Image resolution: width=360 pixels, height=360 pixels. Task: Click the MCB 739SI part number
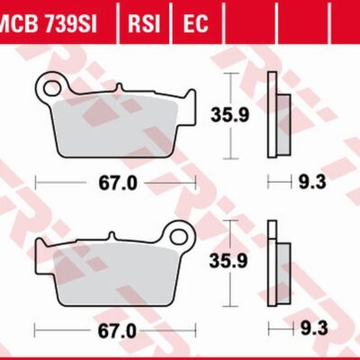tap(47, 23)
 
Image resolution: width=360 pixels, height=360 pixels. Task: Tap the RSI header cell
tap(144, 23)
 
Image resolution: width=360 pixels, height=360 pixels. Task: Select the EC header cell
tap(195, 23)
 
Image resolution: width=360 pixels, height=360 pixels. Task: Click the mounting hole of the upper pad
tap(53, 87)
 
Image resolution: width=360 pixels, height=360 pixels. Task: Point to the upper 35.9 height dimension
tap(229, 115)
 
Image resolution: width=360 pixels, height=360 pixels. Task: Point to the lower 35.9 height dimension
tap(229, 261)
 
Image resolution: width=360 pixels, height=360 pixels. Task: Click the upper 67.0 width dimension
tap(118, 183)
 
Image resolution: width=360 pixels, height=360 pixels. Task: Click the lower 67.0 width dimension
tap(117, 330)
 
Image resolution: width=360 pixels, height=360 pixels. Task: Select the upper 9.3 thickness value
tap(312, 182)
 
